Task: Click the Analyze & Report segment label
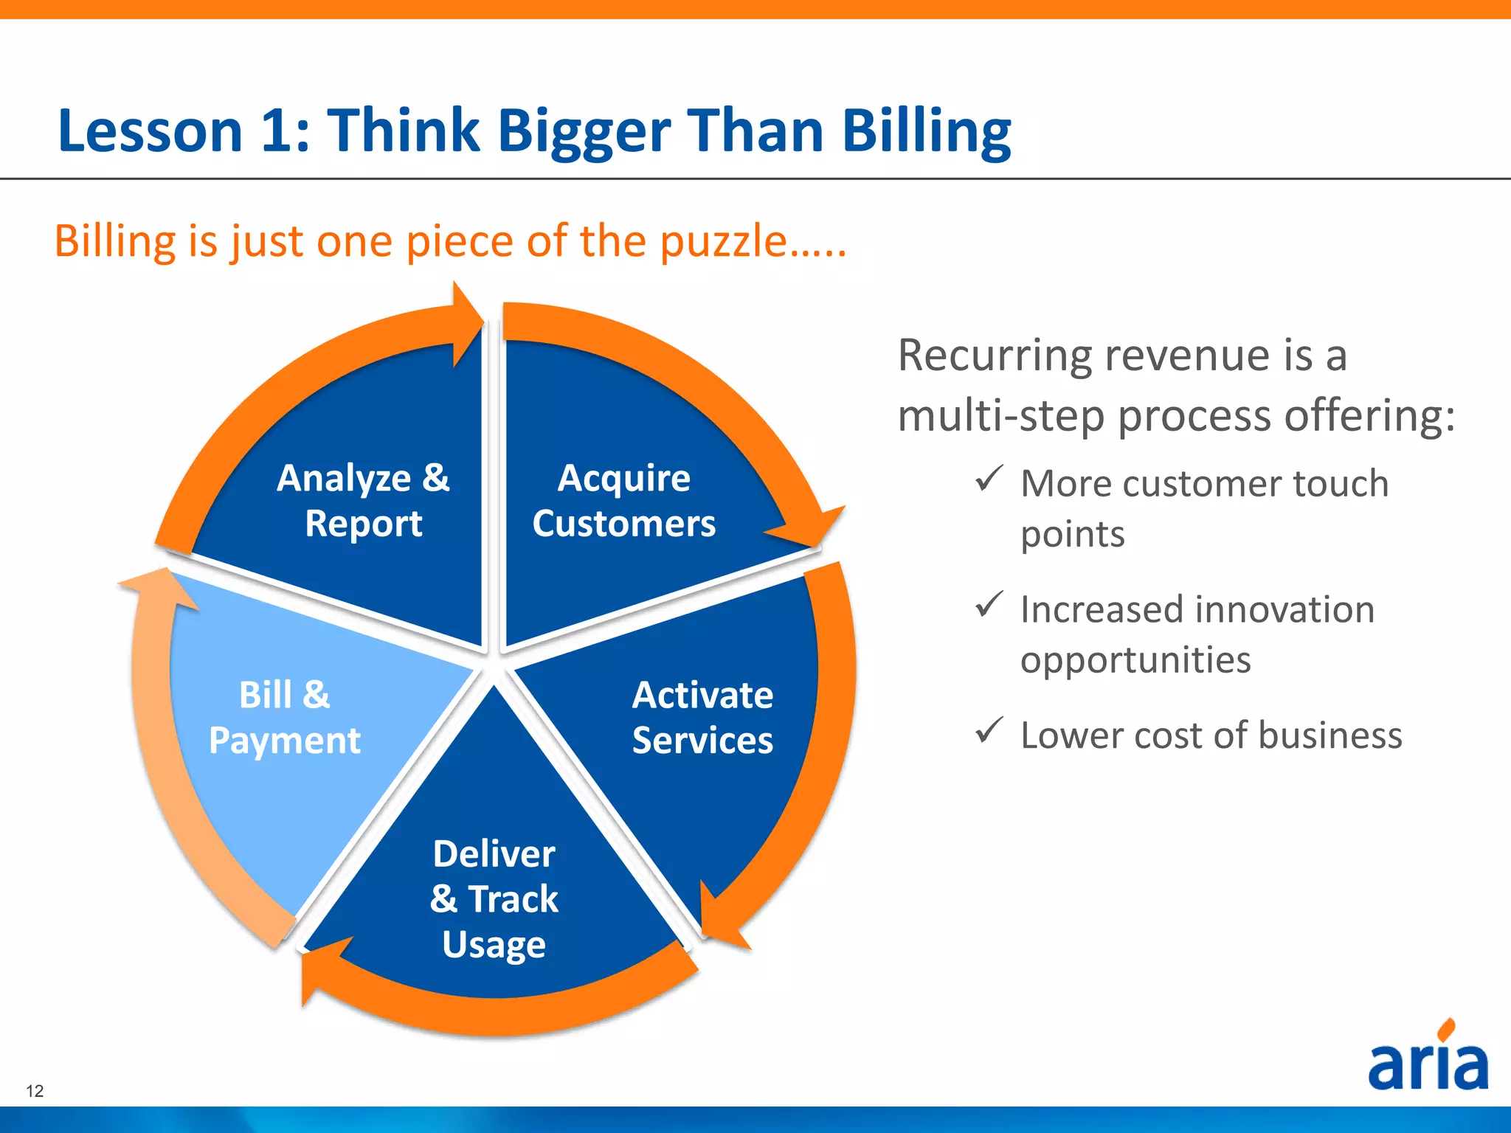tap(363, 501)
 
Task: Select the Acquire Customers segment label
tap(624, 501)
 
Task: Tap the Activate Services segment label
tap(702, 717)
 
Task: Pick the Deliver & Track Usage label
tap(494, 898)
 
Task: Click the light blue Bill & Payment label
tap(285, 717)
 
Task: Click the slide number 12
tap(35, 1091)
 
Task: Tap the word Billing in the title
tap(927, 131)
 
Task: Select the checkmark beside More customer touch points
tap(989, 479)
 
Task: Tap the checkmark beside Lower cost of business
tap(989, 730)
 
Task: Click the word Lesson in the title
tap(151, 131)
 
